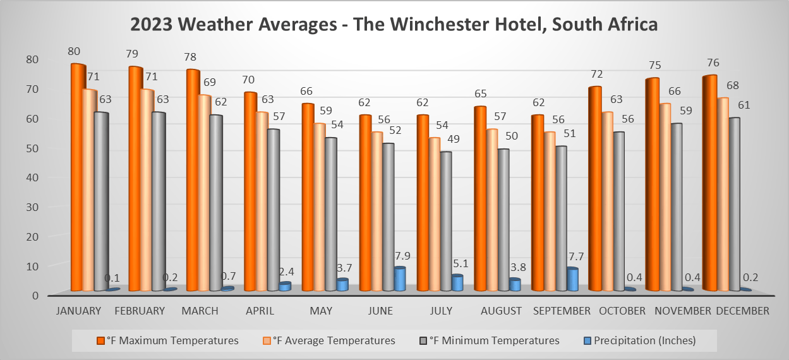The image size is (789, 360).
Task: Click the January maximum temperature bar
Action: (x=78, y=177)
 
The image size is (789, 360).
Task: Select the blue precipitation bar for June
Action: (x=399, y=279)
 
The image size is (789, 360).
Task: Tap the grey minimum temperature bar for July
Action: (x=445, y=221)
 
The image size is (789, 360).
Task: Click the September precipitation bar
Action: (x=572, y=279)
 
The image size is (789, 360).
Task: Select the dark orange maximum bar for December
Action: (x=709, y=183)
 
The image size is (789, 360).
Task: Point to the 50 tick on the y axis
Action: (x=32, y=148)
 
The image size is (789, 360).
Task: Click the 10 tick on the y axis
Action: (x=32, y=266)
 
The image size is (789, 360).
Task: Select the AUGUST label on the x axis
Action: (x=501, y=311)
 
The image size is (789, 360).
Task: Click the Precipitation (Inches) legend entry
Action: (x=641, y=340)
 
